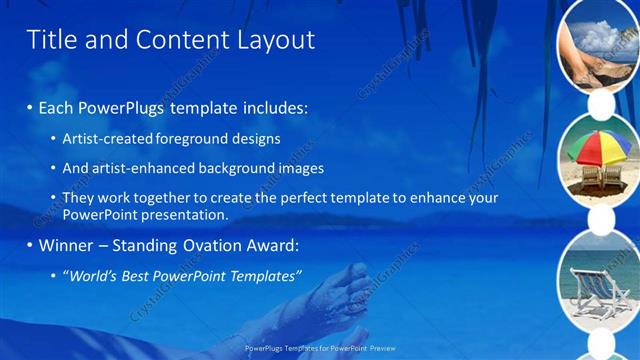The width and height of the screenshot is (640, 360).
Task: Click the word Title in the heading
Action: point(50,40)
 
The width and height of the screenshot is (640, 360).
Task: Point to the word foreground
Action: point(192,138)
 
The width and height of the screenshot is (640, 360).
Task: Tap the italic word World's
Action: point(89,276)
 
